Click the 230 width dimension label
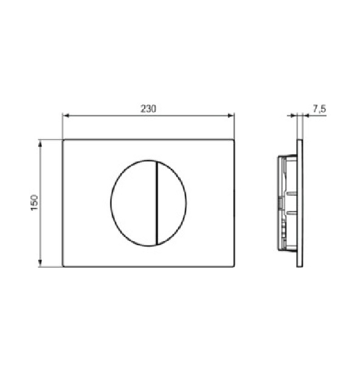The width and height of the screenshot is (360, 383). click(x=148, y=108)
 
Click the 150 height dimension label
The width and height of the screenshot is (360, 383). click(x=35, y=202)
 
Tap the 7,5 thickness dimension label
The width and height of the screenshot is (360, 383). click(x=319, y=109)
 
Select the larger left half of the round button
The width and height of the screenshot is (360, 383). click(x=133, y=203)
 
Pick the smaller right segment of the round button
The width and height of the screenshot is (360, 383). click(x=171, y=203)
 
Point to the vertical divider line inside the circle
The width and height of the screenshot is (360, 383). click(x=156, y=203)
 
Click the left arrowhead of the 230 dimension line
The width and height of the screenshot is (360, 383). click(x=66, y=116)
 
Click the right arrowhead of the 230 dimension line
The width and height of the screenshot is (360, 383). click(x=231, y=116)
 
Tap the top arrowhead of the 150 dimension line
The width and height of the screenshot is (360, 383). click(x=40, y=143)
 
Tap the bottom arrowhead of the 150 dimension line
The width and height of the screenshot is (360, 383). click(x=40, y=263)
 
